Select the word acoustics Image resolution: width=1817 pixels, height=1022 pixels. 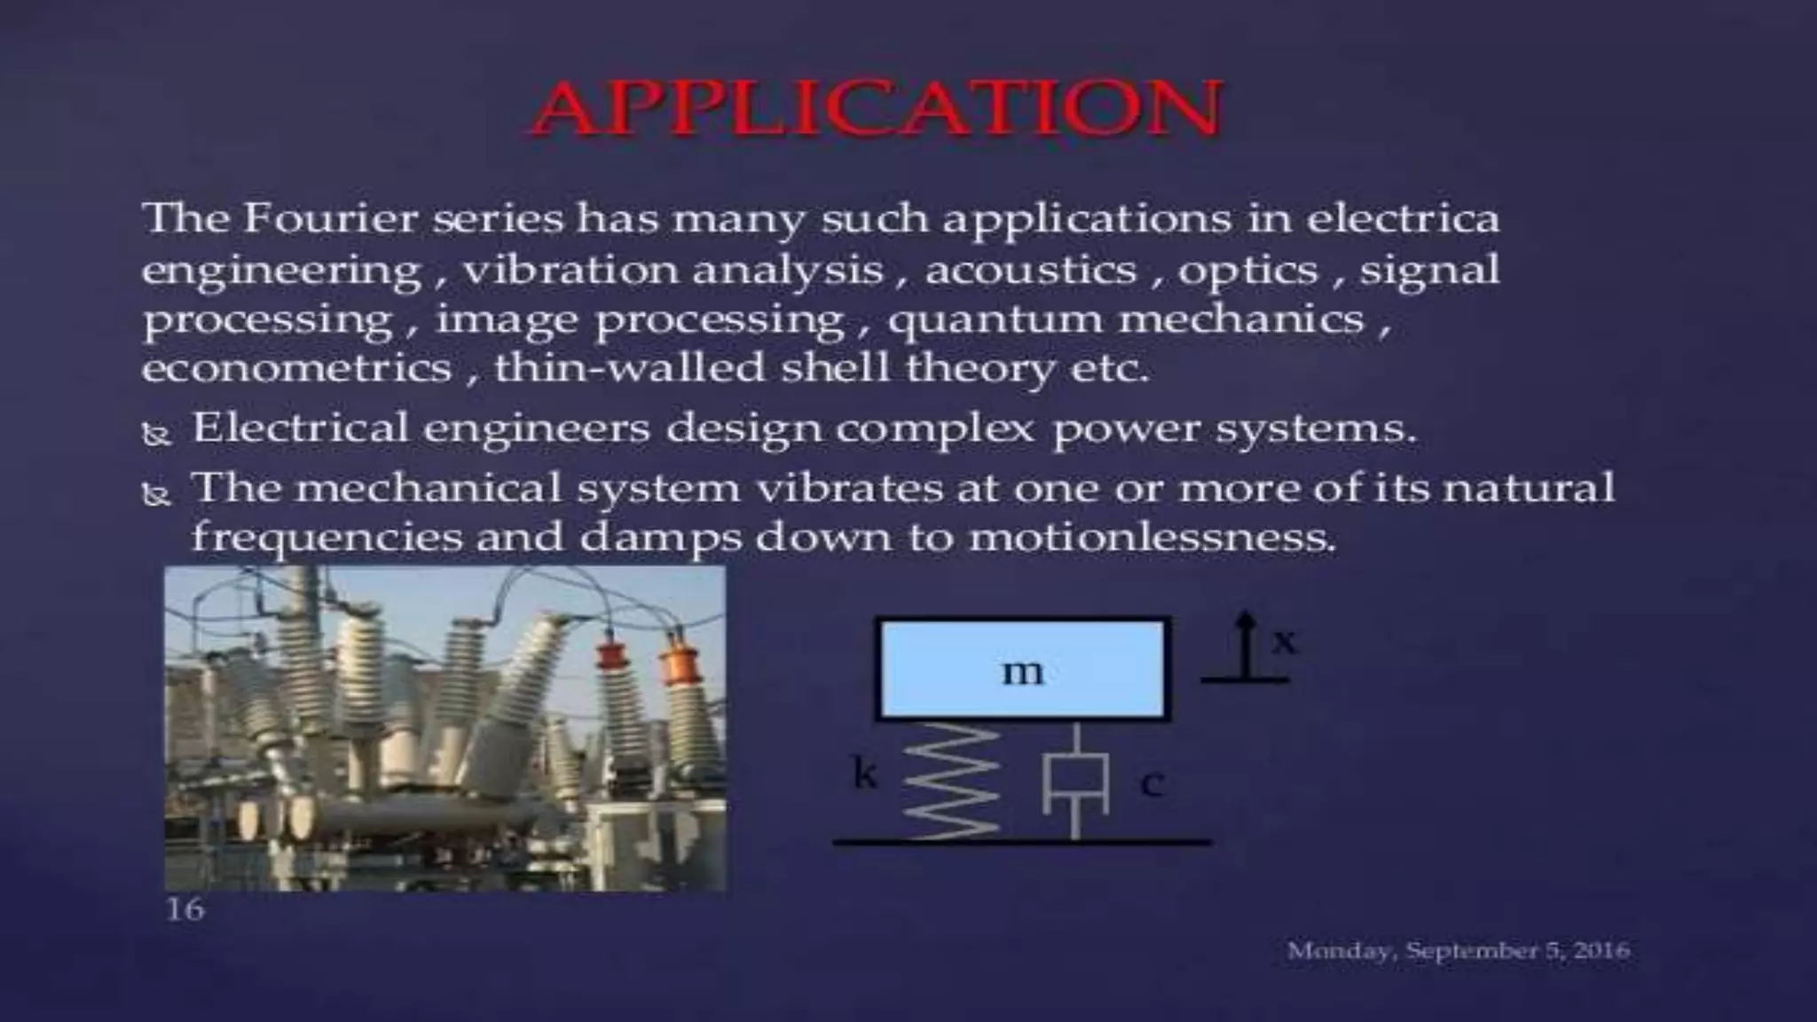[x=1030, y=270]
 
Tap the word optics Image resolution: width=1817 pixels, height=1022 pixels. [x=1247, y=271]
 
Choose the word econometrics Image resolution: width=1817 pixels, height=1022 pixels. [x=296, y=367]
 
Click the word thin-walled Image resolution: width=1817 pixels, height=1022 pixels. [x=628, y=367]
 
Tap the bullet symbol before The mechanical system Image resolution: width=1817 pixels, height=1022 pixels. [x=157, y=494]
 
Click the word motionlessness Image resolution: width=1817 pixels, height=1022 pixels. [x=1151, y=538]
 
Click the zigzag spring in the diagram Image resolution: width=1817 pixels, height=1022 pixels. [x=952, y=780]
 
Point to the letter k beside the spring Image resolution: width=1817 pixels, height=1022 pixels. [x=864, y=774]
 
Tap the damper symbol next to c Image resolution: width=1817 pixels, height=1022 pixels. [x=1075, y=782]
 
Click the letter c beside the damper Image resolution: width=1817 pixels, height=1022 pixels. [x=1151, y=783]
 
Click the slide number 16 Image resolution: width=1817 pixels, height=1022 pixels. [x=185, y=909]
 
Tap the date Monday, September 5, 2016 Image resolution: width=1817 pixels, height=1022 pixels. [x=1458, y=951]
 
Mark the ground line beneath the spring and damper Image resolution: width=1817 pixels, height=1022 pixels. [x=1021, y=841]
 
